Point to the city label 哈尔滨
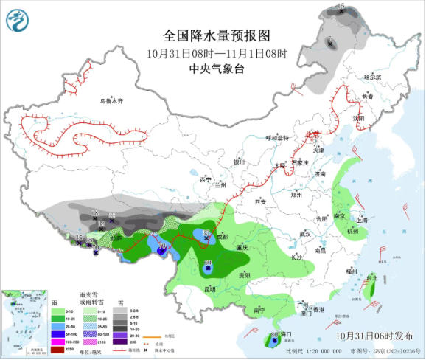point(374,77)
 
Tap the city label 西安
point(259,201)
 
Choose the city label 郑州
point(296,195)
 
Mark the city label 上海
point(362,219)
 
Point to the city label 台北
point(373,278)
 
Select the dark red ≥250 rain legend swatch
point(57,349)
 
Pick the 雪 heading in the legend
point(119,302)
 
